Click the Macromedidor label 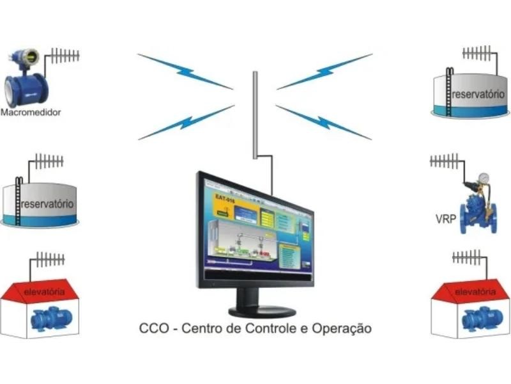[x=31, y=112]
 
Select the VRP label [x=445, y=219]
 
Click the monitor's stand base [x=262, y=311]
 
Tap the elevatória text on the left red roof [x=44, y=292]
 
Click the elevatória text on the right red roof [x=475, y=292]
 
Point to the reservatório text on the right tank [x=478, y=95]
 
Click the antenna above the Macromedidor [x=63, y=54]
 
